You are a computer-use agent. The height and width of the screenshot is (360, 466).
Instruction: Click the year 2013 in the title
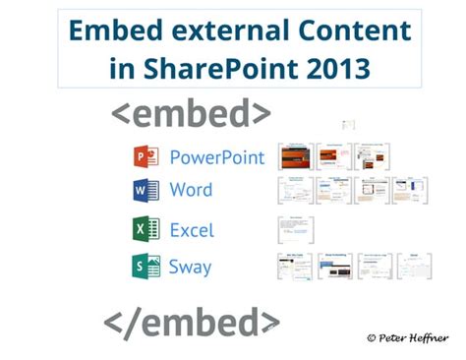[337, 69]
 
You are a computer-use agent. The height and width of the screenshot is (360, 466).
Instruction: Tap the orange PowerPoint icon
[146, 157]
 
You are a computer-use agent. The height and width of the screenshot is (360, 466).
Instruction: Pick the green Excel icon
[146, 229]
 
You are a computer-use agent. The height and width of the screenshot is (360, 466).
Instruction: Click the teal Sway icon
[146, 266]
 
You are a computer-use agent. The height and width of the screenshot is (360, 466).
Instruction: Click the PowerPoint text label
[216, 157]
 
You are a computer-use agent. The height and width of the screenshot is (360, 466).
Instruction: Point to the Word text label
[191, 189]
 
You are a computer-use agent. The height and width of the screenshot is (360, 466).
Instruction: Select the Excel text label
[192, 230]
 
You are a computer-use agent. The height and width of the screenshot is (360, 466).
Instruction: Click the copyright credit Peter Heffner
[411, 337]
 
